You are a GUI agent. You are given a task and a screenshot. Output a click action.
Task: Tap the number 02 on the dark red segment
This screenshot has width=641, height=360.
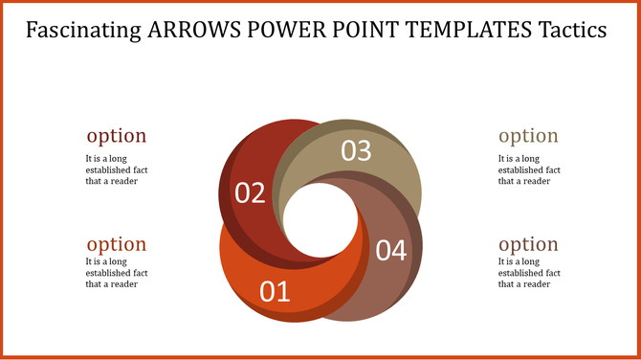(x=250, y=192)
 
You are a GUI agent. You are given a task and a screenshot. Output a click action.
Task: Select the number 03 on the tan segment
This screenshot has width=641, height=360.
(x=356, y=150)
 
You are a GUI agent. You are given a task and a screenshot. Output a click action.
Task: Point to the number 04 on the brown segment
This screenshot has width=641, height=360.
(x=390, y=251)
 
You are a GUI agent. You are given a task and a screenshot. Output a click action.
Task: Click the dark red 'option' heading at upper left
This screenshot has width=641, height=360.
(x=117, y=136)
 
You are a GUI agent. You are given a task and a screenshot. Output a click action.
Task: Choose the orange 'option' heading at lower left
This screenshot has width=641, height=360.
(x=117, y=244)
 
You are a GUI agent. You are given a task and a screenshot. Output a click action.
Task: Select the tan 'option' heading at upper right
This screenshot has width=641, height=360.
(x=528, y=136)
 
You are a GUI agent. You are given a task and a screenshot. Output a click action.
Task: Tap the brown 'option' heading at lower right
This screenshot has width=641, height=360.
(x=528, y=244)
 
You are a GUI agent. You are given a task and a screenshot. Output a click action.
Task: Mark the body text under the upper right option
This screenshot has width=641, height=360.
(x=527, y=169)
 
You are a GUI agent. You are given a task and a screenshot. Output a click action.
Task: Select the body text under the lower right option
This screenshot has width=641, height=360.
(x=527, y=272)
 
